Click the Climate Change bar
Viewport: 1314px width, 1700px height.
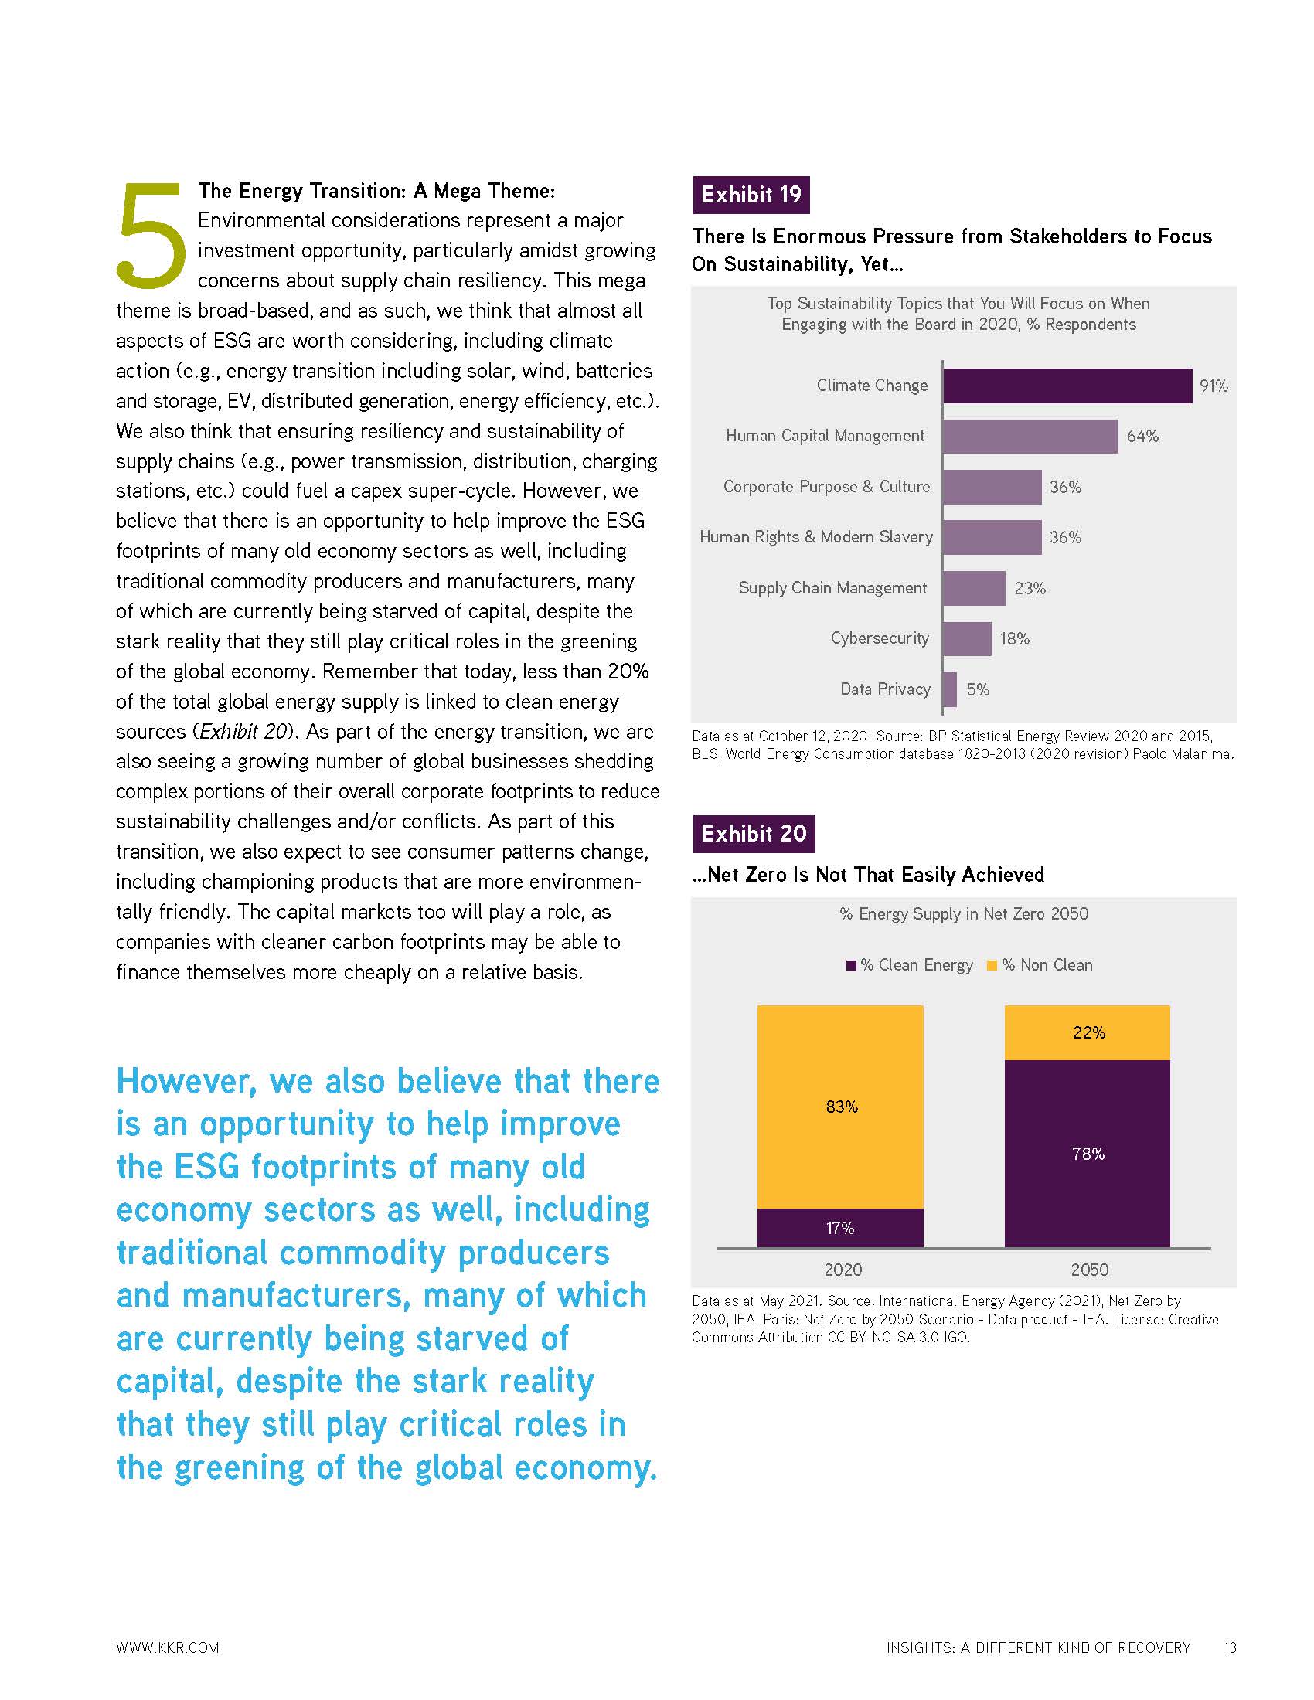1067,386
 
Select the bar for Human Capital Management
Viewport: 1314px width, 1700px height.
1029,436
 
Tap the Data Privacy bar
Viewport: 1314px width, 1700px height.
949,688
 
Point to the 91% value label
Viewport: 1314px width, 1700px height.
1213,386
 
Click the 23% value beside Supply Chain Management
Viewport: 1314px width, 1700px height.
1029,589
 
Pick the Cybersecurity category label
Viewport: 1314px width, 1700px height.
879,638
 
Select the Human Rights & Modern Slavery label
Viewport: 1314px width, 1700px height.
815,537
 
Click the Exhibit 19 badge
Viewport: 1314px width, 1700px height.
751,195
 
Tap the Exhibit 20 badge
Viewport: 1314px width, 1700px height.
753,834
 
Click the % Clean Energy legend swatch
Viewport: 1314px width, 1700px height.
851,965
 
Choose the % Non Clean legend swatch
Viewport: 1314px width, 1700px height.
992,965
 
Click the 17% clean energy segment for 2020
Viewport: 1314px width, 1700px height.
840,1228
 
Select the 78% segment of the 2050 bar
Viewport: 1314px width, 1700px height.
1087,1154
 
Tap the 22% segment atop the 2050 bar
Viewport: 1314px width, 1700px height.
1087,1032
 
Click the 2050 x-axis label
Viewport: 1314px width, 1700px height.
1088,1270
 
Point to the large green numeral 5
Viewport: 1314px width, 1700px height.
151,233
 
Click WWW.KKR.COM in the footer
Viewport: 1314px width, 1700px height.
168,1647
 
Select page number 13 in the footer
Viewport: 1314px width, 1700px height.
1229,1647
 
